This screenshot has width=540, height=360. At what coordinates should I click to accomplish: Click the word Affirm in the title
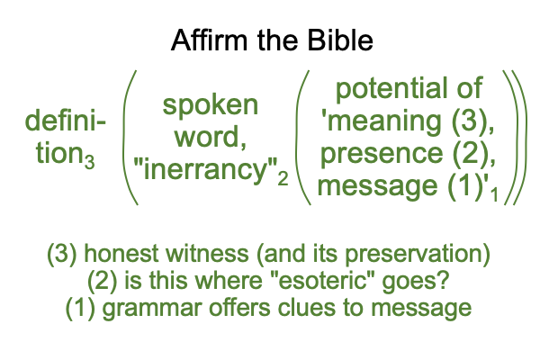(209, 40)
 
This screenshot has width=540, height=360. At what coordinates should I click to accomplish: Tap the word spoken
(210, 106)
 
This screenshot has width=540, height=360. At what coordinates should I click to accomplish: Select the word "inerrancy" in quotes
(205, 169)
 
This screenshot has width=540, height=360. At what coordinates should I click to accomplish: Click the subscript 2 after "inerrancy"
(283, 179)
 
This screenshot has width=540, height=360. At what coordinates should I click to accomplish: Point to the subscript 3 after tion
(89, 162)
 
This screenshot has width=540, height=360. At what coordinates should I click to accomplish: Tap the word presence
(382, 154)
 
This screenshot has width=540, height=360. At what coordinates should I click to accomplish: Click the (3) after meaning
(469, 121)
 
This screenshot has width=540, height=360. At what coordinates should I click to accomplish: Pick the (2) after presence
(470, 153)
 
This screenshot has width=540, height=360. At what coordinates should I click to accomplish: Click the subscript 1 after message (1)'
(494, 194)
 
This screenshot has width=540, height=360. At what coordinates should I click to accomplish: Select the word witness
(207, 254)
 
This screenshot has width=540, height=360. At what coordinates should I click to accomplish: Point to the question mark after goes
(444, 281)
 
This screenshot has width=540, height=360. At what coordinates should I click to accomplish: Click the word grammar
(152, 309)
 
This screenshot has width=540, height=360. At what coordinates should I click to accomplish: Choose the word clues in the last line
(306, 307)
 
